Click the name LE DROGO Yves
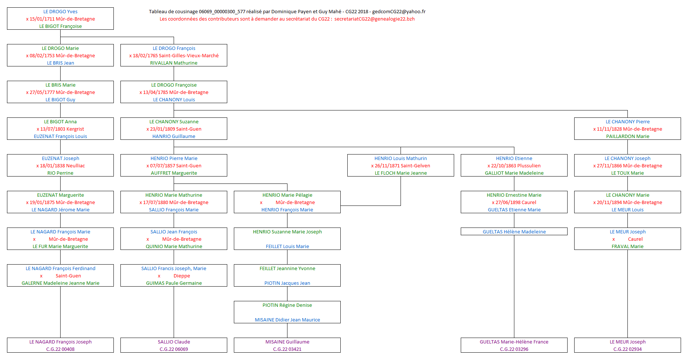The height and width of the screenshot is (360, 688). pyautogui.click(x=60, y=12)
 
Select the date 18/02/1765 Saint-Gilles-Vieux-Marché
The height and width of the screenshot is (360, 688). pyautogui.click(x=175, y=56)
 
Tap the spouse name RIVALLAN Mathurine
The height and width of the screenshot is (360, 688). pyautogui.click(x=174, y=63)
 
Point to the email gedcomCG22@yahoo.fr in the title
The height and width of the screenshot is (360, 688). pyautogui.click(x=399, y=12)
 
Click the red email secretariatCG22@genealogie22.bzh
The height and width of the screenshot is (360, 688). pyautogui.click(x=374, y=19)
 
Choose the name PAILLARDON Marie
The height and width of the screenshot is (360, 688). pyautogui.click(x=627, y=137)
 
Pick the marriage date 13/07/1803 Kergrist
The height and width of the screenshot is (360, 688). pyautogui.click(x=62, y=129)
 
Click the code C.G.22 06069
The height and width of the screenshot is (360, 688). pyautogui.click(x=174, y=349)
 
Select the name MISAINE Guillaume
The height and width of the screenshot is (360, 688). pyautogui.click(x=287, y=342)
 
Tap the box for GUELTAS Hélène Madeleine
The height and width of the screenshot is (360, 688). pyautogui.click(x=514, y=232)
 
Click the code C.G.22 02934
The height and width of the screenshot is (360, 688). pyautogui.click(x=627, y=349)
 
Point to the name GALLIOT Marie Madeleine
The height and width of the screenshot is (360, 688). pyautogui.click(x=514, y=173)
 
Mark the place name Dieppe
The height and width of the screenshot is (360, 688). pyautogui.click(x=182, y=276)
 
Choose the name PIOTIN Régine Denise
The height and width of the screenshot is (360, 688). pyautogui.click(x=287, y=305)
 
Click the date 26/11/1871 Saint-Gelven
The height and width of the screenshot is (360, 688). pyautogui.click(x=402, y=166)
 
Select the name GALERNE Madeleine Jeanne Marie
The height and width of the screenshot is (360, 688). pyautogui.click(x=60, y=283)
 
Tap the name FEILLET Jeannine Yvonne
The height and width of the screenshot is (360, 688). pyautogui.click(x=287, y=269)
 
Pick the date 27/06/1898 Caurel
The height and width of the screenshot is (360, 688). pyautogui.click(x=516, y=203)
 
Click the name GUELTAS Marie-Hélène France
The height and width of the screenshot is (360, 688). pyautogui.click(x=514, y=342)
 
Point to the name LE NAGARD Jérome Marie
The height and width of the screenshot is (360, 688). pyautogui.click(x=60, y=210)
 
